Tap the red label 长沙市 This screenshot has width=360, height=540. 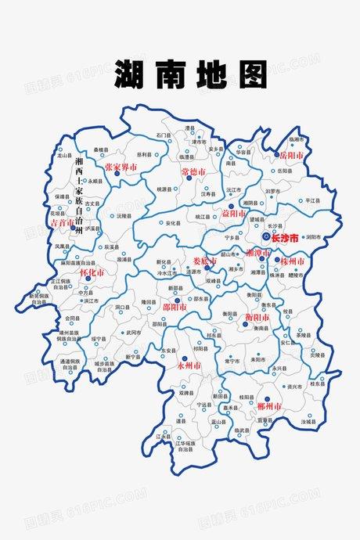click(x=285, y=236)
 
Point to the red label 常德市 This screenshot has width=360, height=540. click(x=194, y=171)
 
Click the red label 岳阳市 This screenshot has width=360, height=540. click(x=290, y=156)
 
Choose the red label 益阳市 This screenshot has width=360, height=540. click(x=232, y=213)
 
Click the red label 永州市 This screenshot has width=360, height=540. click(x=189, y=365)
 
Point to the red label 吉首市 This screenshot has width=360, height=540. click(x=62, y=223)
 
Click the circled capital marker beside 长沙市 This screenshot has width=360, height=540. click(x=266, y=236)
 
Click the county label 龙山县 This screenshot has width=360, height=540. click(x=65, y=157)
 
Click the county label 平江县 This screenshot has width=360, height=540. click(x=312, y=200)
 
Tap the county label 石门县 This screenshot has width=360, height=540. click(x=162, y=135)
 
